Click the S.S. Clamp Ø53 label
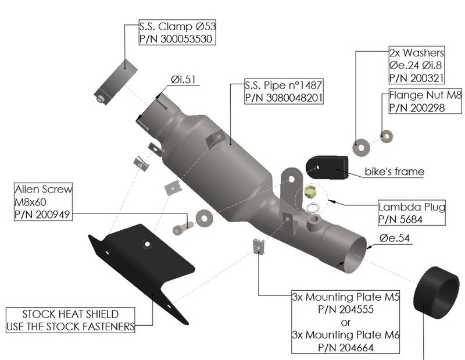point(177,27)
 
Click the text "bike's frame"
point(394,172)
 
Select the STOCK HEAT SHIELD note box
point(70,320)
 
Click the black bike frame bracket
point(326,167)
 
